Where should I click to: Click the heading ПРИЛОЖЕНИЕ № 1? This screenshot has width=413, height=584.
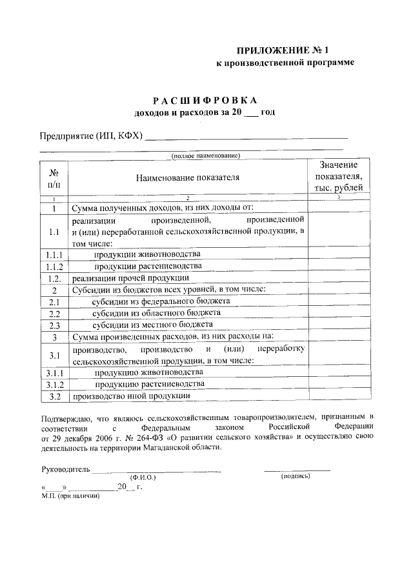[x=296, y=49]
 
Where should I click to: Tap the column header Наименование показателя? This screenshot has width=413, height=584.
[x=187, y=177]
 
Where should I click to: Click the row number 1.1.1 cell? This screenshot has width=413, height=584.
[x=54, y=255]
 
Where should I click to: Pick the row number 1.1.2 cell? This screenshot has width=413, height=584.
[x=54, y=267]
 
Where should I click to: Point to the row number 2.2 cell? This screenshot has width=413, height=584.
[x=54, y=313]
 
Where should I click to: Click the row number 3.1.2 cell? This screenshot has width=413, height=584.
[x=54, y=384]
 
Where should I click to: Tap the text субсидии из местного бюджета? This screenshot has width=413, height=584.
[x=152, y=325]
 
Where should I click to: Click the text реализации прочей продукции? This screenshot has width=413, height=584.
[x=130, y=278]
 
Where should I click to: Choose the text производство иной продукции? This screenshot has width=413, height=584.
[x=131, y=396]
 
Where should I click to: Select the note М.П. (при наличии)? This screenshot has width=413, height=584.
[x=70, y=496]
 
